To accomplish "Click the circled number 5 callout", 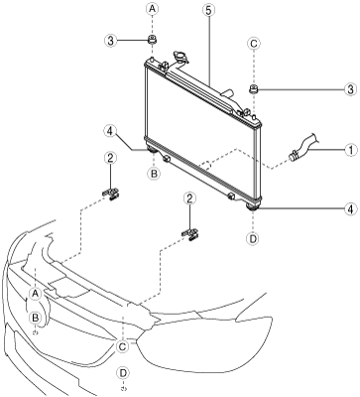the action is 208,10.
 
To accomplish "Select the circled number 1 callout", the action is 350,150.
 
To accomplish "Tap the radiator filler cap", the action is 180,58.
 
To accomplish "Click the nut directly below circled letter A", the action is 152,41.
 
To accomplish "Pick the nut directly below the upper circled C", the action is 254,88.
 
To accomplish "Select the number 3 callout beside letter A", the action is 111,41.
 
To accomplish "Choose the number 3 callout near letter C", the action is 350,89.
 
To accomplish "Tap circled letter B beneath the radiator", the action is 154,173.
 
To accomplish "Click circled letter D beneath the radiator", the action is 253,238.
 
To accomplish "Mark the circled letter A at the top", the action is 152,10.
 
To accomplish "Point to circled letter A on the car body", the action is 35,293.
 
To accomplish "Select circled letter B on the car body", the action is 35,318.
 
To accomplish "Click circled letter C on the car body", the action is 122,346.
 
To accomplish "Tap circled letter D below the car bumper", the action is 123,373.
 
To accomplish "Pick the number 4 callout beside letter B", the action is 110,131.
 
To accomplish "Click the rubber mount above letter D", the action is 253,207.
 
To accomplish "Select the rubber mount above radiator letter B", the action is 153,150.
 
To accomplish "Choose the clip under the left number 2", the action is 111,194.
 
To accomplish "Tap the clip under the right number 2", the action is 190,234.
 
